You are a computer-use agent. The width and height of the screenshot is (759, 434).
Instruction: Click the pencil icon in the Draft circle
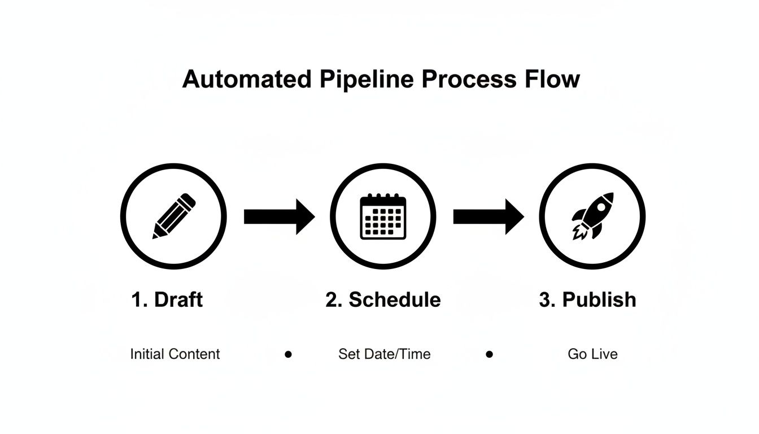pos(174,216)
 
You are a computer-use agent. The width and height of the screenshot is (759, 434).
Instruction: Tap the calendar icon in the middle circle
pos(383,216)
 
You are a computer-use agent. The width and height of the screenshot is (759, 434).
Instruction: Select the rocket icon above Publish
pos(592,215)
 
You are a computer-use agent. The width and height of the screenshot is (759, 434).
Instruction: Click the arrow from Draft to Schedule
pos(279,216)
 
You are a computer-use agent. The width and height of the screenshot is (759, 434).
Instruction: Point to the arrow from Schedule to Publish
pos(488,216)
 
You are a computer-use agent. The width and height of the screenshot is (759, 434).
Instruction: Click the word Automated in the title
pos(246,79)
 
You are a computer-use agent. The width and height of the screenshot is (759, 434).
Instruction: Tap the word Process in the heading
pos(468,79)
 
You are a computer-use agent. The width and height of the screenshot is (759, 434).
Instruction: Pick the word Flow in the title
pos(552,79)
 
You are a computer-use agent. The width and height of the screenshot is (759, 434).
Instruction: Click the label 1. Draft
pos(167,300)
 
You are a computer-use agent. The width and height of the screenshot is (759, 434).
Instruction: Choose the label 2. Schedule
pos(383,300)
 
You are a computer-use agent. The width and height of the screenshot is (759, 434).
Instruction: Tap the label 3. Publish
pos(587,300)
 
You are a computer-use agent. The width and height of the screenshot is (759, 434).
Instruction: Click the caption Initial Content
pos(175,354)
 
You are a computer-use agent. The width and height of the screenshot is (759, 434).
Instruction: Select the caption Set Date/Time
pos(384,354)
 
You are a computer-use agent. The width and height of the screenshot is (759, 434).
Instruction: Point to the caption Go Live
pos(592,354)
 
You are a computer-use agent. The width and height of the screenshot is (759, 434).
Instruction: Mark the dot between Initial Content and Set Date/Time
pos(288,354)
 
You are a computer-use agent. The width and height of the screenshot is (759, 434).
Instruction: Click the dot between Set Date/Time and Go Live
pos(489,354)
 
